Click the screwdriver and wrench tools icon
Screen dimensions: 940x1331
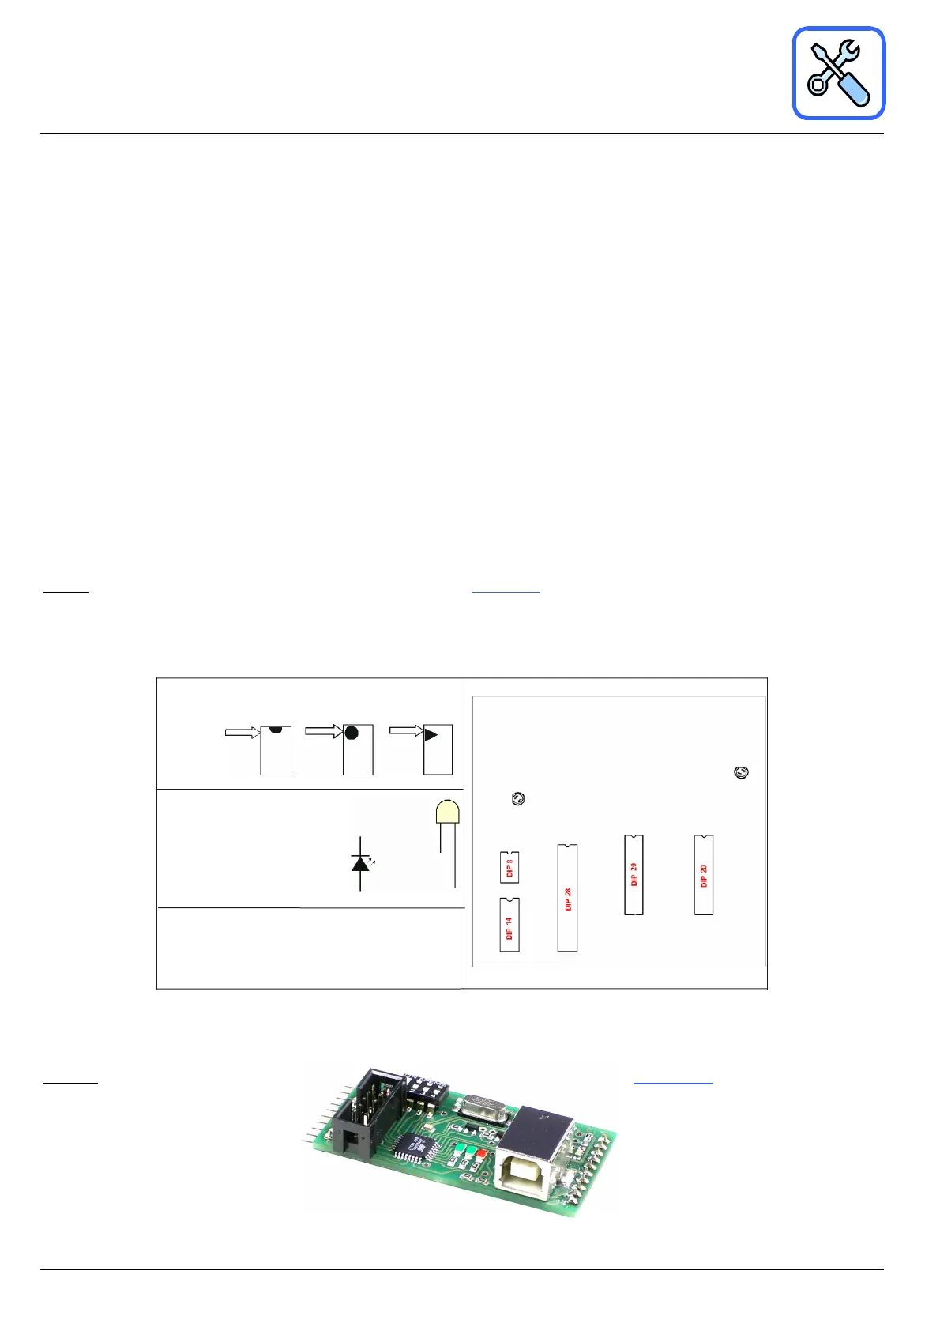(x=838, y=73)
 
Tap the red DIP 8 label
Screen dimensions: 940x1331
(x=509, y=868)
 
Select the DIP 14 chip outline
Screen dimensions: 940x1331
(x=509, y=925)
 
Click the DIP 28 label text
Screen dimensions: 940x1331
(x=568, y=899)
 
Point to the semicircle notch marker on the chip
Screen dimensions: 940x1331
(x=276, y=730)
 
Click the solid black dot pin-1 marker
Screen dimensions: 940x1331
(x=352, y=733)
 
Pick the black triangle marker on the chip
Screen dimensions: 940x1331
(x=431, y=735)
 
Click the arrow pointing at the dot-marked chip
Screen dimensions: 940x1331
(x=324, y=731)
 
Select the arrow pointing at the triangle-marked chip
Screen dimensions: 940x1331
(x=407, y=730)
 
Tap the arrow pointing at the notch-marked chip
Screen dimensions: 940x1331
(x=243, y=732)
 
